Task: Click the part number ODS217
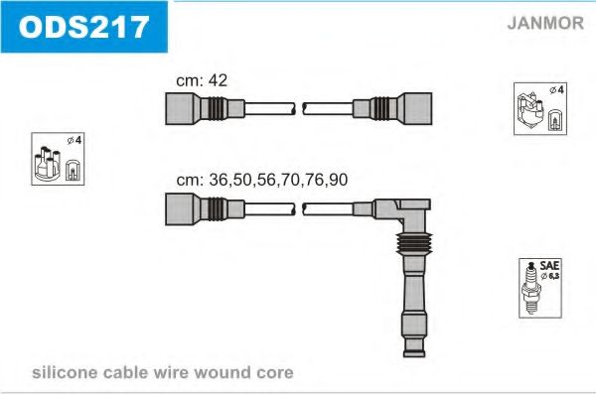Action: coord(83,27)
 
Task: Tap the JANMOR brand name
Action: coord(545,23)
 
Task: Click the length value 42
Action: coord(218,80)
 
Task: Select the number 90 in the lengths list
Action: coord(339,180)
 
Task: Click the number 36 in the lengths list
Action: coord(219,180)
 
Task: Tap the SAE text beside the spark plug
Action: coord(549,265)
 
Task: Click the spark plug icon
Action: coord(531,288)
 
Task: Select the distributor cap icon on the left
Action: coord(47,163)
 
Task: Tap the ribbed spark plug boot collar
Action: coord(414,243)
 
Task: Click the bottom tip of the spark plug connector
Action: coord(414,356)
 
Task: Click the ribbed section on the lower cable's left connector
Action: coord(218,209)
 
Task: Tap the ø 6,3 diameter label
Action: coord(550,276)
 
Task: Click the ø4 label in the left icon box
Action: coord(74,140)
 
